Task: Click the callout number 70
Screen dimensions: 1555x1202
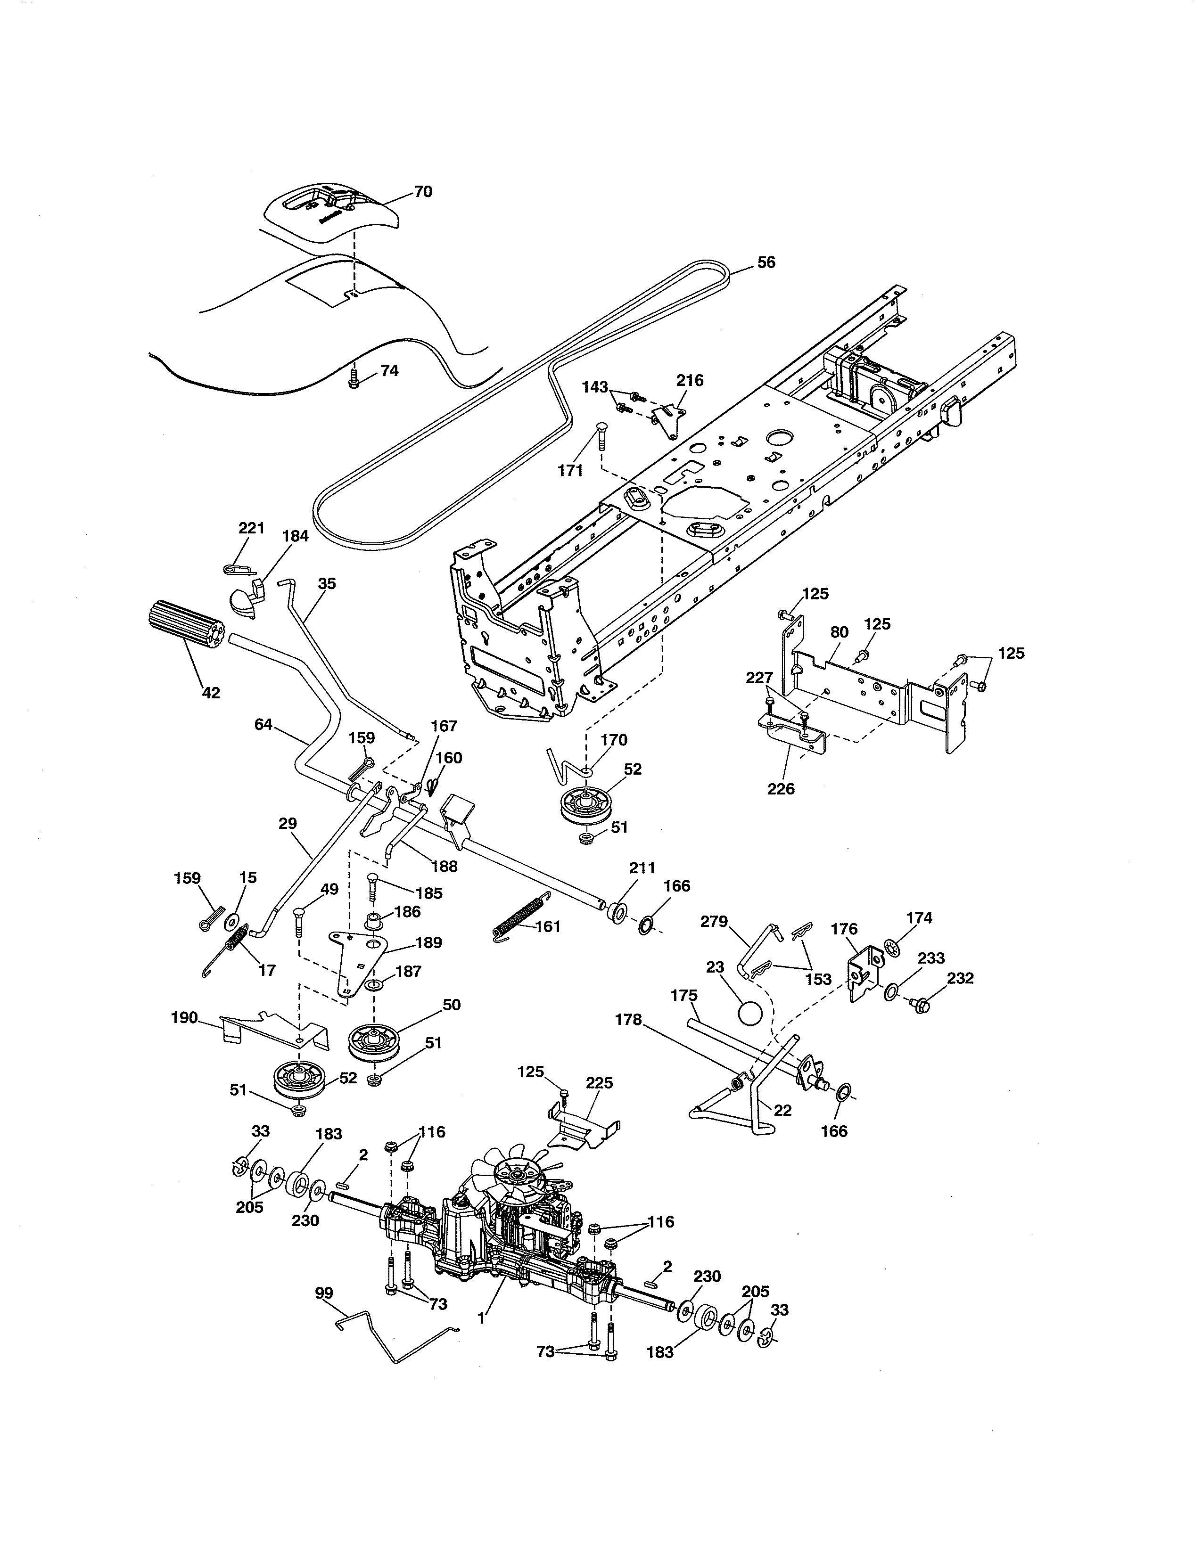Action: point(423,191)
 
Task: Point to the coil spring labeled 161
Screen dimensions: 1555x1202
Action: point(521,918)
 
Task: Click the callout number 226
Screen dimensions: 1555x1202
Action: point(781,789)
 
